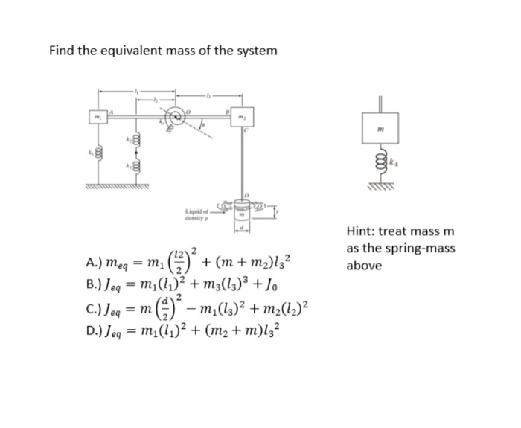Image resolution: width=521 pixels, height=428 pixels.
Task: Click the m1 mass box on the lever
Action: click(95, 119)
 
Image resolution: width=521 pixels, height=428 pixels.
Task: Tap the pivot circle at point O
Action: click(176, 116)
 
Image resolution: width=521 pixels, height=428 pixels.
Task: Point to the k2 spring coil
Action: click(135, 139)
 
